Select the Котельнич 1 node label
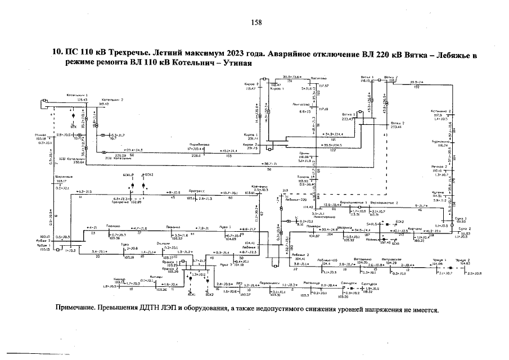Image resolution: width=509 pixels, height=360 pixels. coord(77,95)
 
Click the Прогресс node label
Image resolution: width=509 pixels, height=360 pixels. coord(196,191)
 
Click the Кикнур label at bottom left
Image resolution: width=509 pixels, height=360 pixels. coord(118,278)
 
